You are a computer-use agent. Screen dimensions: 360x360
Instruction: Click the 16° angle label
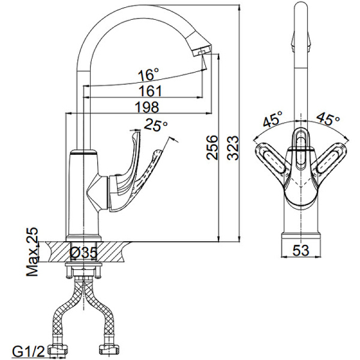click(x=148, y=74)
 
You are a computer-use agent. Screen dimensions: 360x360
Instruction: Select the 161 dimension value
click(x=151, y=91)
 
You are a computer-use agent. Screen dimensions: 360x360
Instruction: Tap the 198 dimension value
click(x=147, y=107)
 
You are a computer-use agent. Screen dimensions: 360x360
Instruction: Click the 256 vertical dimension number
click(x=212, y=147)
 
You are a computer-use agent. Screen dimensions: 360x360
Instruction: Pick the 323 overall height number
click(x=233, y=148)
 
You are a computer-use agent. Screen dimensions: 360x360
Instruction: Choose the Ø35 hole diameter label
click(x=83, y=253)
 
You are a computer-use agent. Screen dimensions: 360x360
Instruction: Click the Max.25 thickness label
click(x=32, y=251)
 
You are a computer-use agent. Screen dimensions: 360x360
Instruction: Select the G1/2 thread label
click(x=28, y=351)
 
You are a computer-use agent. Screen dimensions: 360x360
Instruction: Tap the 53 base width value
click(x=301, y=250)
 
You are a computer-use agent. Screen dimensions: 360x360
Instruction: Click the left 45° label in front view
click(x=272, y=119)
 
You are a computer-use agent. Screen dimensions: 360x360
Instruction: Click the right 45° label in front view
click(x=328, y=119)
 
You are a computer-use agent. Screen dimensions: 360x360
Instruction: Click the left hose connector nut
click(x=58, y=350)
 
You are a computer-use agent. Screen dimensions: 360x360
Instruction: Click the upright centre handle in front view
click(x=301, y=149)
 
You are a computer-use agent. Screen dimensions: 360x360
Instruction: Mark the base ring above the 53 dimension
click(x=301, y=237)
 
